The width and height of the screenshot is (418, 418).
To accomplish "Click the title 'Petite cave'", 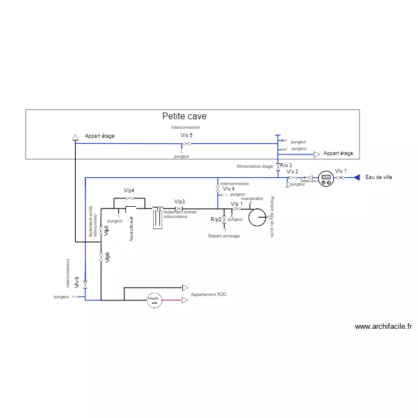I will (x=184, y=116).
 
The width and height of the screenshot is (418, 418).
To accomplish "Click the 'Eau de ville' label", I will (x=378, y=177).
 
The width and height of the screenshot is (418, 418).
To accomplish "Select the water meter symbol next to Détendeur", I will (x=326, y=178).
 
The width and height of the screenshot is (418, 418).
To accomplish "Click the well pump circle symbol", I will (x=257, y=217).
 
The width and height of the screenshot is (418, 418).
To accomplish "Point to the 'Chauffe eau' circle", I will (x=154, y=300).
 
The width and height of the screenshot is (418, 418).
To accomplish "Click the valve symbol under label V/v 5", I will (x=187, y=144).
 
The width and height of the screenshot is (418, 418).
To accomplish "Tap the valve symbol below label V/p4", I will (x=129, y=199).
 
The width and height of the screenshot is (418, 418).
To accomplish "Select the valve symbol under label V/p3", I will (x=180, y=209).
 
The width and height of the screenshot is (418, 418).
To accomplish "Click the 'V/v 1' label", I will (x=341, y=171).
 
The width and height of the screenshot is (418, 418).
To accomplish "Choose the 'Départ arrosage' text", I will (x=224, y=236).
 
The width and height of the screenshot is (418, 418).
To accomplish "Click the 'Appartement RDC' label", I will (x=208, y=294).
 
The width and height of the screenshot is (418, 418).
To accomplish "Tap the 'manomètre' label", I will (x=252, y=198).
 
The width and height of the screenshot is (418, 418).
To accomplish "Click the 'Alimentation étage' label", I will (x=255, y=166).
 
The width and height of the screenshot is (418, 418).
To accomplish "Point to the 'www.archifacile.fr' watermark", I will (x=383, y=327).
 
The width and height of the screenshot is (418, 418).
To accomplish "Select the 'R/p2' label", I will (x=216, y=220).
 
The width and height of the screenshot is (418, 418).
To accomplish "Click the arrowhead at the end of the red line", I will (x=186, y=300).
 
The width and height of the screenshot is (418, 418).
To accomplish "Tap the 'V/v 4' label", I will (x=229, y=189).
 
